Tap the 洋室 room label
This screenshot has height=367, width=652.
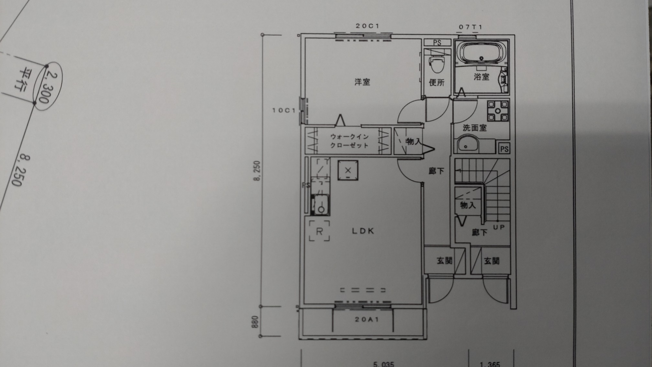point(362,82)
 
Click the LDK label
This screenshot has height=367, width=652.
point(363,231)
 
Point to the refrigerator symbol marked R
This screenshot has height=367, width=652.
point(319,231)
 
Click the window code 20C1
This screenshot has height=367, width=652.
point(367,26)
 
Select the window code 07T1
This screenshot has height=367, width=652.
point(471,27)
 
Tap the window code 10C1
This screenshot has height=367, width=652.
point(284,110)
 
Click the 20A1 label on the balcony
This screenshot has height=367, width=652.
point(367,320)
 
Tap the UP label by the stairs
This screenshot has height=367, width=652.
point(499,227)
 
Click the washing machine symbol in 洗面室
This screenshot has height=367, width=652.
point(498,111)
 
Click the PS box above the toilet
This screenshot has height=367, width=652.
point(437,43)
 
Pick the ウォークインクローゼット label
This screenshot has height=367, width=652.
point(349,141)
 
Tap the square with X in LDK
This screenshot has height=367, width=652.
point(348,170)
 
